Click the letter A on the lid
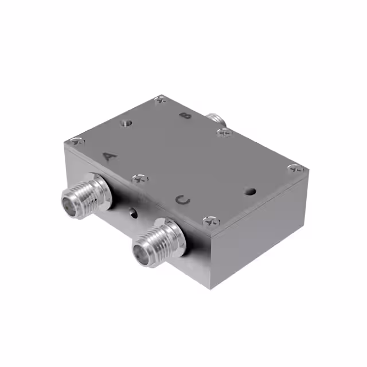point(109,155)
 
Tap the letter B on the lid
point(186,116)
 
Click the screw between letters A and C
point(139,179)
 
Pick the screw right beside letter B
point(224,132)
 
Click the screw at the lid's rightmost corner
point(295,169)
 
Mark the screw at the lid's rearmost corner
point(161,99)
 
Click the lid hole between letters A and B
point(126,122)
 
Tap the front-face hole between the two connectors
point(133,214)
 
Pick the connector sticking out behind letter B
point(216,119)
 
